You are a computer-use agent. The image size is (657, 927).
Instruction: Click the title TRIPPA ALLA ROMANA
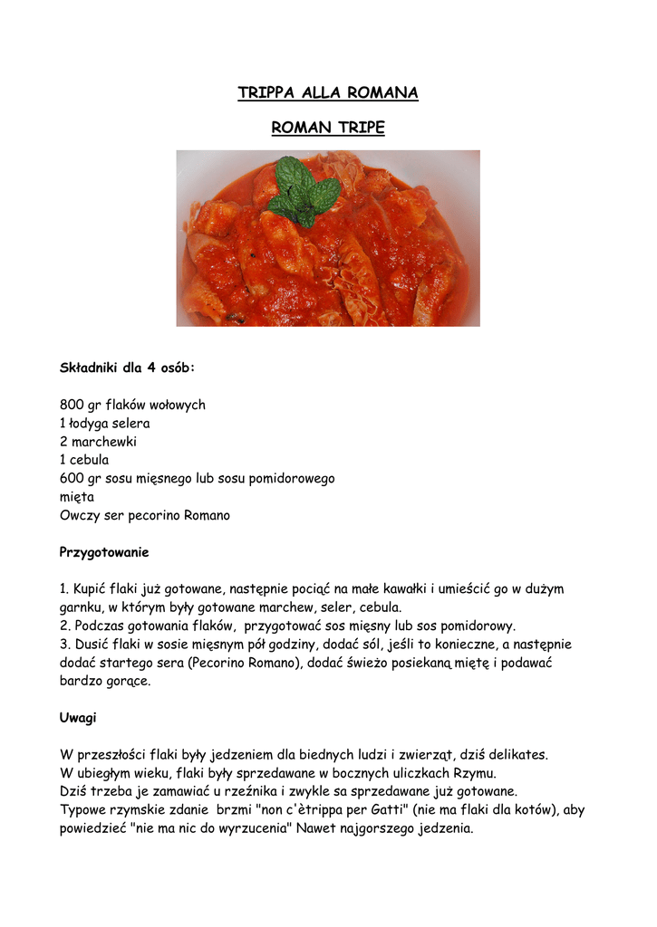coord(328,93)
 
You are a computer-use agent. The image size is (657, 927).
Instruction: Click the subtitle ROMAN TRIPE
coord(328,129)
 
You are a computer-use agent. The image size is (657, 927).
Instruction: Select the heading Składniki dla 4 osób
coord(127,368)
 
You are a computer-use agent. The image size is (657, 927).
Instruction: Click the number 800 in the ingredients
coord(72,406)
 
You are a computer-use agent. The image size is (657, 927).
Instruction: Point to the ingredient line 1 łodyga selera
coord(105,424)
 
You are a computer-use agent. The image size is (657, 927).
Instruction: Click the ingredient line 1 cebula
coord(84,460)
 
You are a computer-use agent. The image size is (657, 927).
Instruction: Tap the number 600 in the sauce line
coord(72,479)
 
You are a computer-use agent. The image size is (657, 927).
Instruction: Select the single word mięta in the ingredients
coord(77,497)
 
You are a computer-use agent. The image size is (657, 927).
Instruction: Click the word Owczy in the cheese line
coord(79,515)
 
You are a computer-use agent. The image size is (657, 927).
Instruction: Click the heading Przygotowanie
coord(104,552)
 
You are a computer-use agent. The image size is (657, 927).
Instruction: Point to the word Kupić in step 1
coord(92,589)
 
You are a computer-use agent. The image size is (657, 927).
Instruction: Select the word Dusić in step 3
coord(91,645)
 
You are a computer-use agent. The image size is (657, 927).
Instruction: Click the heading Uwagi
coord(78,718)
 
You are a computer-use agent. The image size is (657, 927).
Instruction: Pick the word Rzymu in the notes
coord(473,772)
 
